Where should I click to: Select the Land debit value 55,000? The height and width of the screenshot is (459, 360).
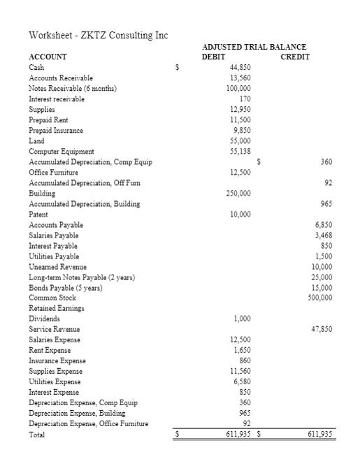240,140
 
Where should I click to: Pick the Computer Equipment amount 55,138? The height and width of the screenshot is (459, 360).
240,151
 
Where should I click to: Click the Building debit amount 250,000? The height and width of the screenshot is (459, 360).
238,193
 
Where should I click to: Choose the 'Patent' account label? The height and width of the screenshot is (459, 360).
38,214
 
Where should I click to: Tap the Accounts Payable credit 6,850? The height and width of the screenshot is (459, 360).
321,225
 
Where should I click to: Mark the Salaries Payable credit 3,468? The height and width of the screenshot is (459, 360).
321,235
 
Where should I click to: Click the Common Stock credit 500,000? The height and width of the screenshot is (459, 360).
319,298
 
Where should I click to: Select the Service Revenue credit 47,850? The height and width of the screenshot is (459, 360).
319,329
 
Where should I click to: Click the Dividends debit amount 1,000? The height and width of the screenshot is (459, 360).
241,319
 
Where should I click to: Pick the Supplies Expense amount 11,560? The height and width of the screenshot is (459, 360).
240,371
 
